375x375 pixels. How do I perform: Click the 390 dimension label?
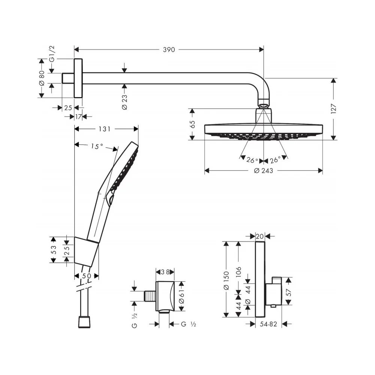click(x=169, y=50)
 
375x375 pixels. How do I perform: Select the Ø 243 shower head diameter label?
click(x=264, y=171)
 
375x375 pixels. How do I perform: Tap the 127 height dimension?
click(x=334, y=109)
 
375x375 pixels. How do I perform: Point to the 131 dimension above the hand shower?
click(x=105, y=129)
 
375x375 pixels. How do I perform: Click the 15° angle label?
click(x=97, y=146)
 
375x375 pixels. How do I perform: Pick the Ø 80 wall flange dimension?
click(x=42, y=78)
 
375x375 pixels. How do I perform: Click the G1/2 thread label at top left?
click(x=52, y=54)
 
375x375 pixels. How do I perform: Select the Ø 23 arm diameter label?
click(x=124, y=102)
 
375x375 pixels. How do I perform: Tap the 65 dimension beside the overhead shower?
click(x=192, y=124)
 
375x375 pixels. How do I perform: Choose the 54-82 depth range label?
click(x=268, y=324)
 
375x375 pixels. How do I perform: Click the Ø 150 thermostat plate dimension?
click(x=226, y=280)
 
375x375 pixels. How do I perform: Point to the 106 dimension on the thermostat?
click(x=238, y=272)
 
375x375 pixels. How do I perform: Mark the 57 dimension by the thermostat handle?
click(x=289, y=292)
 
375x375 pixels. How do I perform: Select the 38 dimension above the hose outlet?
click(x=165, y=272)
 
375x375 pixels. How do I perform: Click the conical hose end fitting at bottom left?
click(x=84, y=322)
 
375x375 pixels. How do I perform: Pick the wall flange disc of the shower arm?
click(x=78, y=78)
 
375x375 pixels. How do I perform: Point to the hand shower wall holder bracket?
click(x=86, y=252)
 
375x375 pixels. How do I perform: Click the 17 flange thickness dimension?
click(x=78, y=117)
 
